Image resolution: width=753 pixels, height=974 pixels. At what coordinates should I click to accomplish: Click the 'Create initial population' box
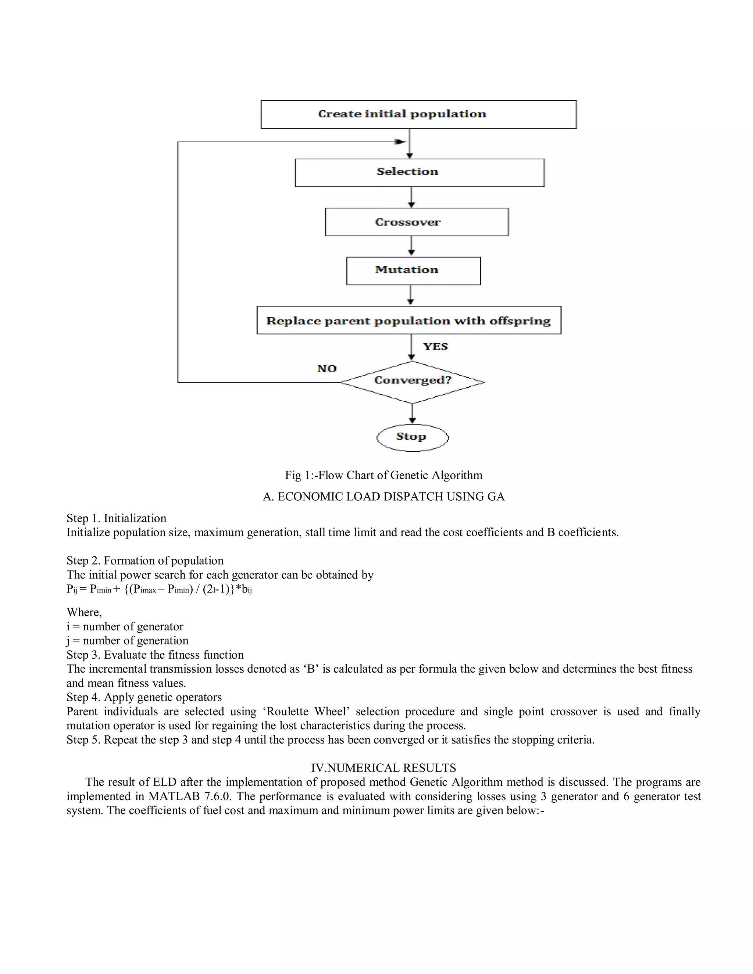coord(418,115)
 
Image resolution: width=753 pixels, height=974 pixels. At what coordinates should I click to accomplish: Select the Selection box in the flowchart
coord(419,173)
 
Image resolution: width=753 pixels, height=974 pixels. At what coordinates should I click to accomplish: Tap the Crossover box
coord(416,222)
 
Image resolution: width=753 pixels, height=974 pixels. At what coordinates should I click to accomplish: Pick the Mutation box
coord(413,271)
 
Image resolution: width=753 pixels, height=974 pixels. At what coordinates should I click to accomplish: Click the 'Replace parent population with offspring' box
coord(408,320)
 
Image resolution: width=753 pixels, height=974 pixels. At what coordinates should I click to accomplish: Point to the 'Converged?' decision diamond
coord(412,382)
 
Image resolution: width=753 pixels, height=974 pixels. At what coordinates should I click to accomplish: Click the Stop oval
coord(412,437)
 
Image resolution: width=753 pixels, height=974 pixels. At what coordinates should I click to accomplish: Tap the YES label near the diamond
coord(435,347)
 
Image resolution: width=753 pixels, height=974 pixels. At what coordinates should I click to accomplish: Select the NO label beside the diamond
coord(326,369)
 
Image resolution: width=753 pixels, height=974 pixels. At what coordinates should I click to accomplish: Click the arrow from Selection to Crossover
coord(411,197)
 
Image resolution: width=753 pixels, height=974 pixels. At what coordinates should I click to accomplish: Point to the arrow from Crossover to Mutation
coord(411,246)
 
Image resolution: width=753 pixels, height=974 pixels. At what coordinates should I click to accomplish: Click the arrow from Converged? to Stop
coord(412,414)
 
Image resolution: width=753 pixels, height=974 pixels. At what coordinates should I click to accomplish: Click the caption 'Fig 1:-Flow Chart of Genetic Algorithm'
coord(383,475)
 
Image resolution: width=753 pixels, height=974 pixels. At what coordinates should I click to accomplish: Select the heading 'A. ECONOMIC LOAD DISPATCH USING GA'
coord(383,496)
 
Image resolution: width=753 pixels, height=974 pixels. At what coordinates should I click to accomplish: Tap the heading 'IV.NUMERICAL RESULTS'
coord(383,767)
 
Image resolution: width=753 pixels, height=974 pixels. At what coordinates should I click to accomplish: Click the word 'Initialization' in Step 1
coord(135,518)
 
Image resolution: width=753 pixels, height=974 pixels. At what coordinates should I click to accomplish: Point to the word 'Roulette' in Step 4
coord(286,711)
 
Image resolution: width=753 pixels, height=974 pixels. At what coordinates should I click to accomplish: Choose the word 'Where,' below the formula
coord(84,612)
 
